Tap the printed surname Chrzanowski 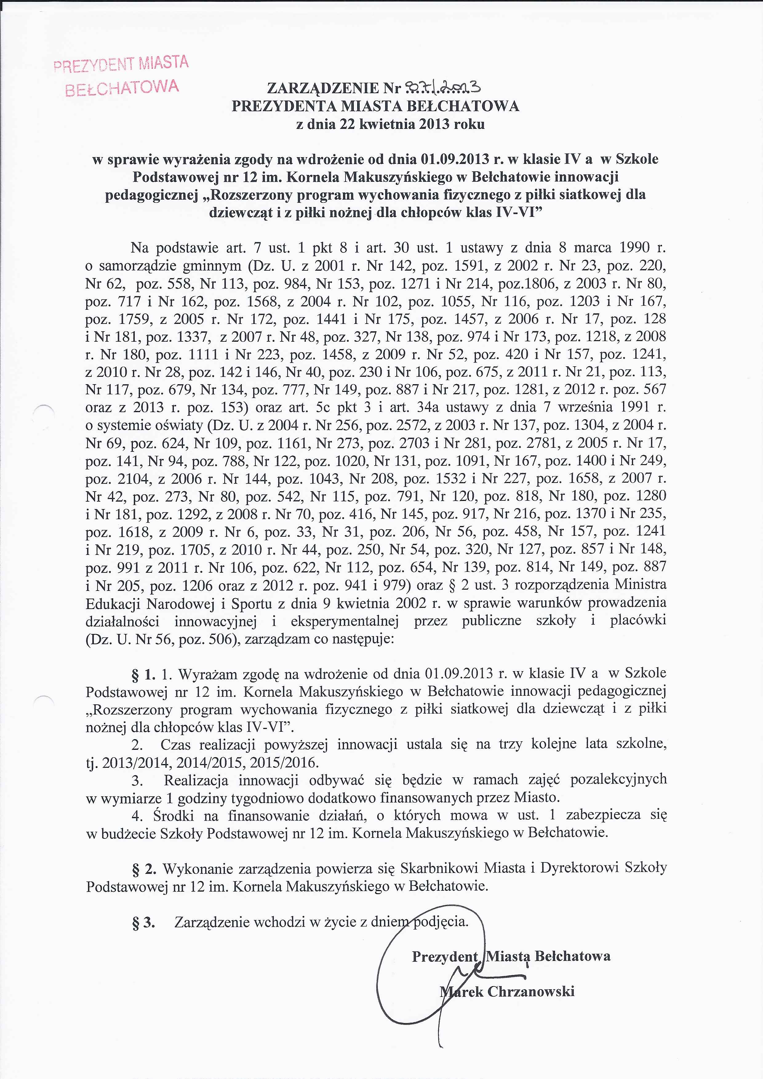(x=531, y=992)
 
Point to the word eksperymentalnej (x=345, y=622)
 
